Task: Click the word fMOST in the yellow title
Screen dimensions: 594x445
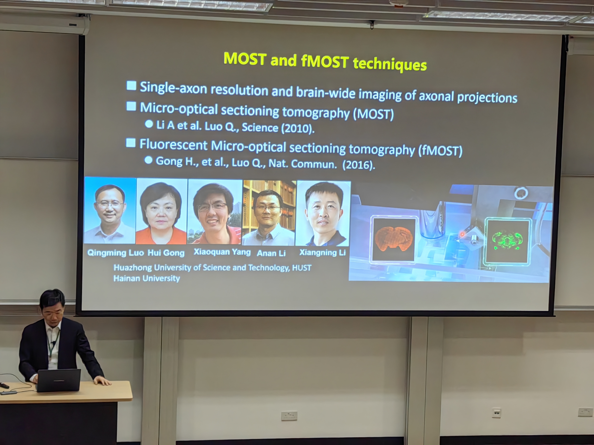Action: click(325, 61)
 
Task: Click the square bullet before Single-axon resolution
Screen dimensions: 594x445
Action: click(131, 86)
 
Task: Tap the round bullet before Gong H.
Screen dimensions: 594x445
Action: click(148, 160)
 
